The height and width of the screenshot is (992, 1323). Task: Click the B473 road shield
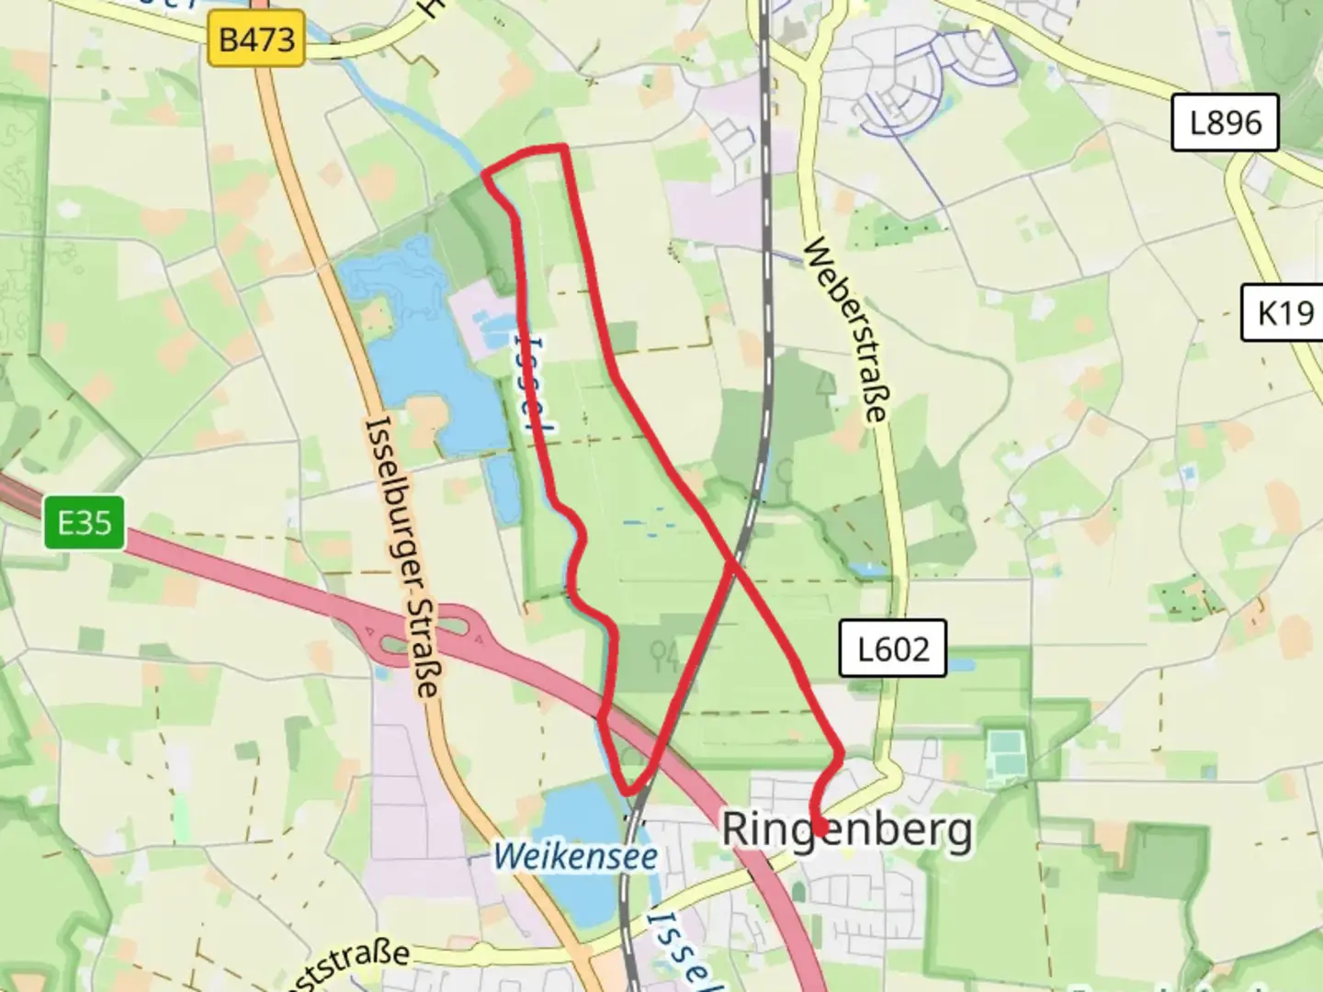click(256, 39)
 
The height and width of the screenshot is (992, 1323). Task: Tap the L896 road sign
click(1225, 122)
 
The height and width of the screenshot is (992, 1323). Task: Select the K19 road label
click(1284, 313)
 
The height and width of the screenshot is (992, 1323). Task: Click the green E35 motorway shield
click(85, 524)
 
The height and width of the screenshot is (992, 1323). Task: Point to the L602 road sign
click(892, 649)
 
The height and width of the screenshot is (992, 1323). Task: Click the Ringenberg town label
click(846, 829)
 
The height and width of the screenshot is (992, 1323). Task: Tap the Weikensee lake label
click(575, 857)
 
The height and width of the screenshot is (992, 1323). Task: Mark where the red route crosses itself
click(733, 562)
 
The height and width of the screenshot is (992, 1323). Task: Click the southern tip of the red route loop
click(629, 791)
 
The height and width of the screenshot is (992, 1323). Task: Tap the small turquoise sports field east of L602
click(1007, 750)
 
